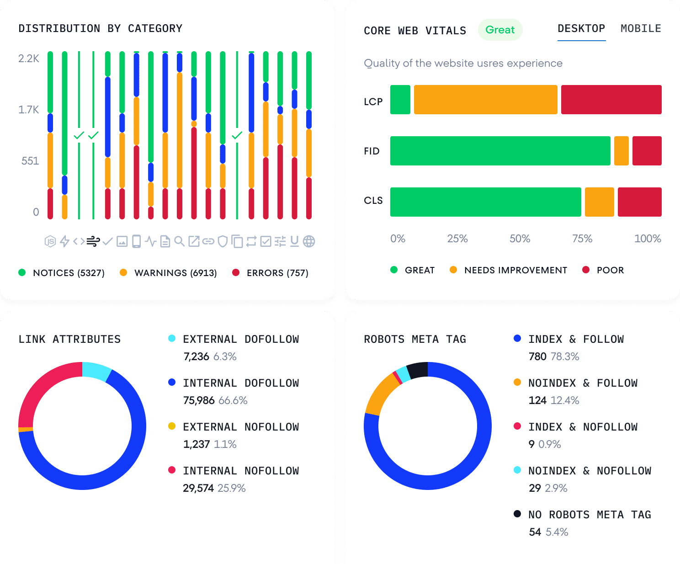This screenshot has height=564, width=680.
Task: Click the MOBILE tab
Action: [x=641, y=29]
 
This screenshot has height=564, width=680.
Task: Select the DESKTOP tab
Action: [x=581, y=29]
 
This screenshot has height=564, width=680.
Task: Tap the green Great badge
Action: [x=500, y=30]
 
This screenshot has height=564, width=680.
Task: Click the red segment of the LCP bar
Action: [x=611, y=100]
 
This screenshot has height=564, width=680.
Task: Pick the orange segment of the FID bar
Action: [x=621, y=151]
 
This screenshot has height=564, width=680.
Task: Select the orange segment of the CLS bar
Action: [x=599, y=202]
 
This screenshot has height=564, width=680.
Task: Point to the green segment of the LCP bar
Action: [x=400, y=100]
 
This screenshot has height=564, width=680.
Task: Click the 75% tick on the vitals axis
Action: [x=582, y=239]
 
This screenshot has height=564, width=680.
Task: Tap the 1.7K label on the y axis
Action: [x=29, y=110]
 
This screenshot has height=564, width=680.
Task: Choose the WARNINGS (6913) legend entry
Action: [x=168, y=273]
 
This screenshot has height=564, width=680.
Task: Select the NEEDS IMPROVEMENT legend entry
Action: [x=508, y=270]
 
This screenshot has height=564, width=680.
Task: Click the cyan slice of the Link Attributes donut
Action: [x=96, y=371]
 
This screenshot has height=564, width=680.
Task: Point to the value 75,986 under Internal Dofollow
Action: [x=199, y=401]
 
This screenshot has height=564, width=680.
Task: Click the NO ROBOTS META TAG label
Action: [x=589, y=515]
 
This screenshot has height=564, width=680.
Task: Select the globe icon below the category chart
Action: [x=309, y=241]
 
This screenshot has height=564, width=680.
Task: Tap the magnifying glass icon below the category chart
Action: [x=180, y=241]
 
